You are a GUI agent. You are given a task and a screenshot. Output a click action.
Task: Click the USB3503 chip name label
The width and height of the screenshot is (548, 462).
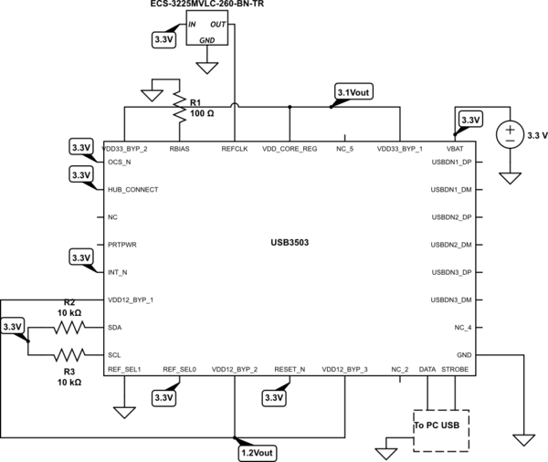[x=290, y=244]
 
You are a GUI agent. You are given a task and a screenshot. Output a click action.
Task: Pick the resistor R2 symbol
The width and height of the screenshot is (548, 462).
[x=69, y=327]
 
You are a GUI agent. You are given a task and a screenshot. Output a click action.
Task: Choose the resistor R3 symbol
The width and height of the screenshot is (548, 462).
[x=69, y=354]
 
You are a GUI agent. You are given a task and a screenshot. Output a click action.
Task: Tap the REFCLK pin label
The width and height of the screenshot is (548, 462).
[x=235, y=148]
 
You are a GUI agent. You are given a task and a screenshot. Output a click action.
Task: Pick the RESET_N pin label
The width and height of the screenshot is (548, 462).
[x=290, y=369]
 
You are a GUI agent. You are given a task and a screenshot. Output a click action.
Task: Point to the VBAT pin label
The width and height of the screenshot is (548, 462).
[x=454, y=148]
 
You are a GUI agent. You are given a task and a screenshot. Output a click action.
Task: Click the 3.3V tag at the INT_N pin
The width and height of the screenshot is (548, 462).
[x=81, y=259]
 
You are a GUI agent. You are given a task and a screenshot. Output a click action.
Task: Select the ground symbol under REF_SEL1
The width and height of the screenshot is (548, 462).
[x=121, y=412]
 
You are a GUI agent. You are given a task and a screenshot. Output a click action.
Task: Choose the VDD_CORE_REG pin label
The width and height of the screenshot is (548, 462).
[x=290, y=148]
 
